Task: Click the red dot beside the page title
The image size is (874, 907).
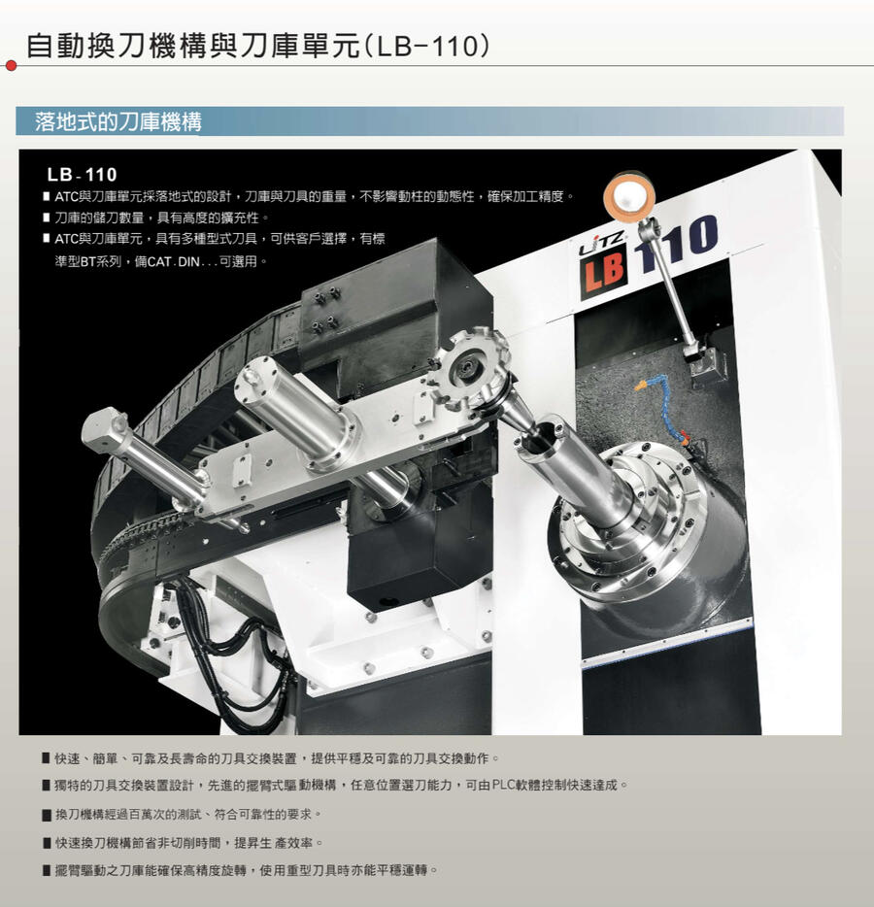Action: pos(11,65)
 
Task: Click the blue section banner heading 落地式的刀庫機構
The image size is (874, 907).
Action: pos(118,121)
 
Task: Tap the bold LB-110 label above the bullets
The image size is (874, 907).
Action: pos(83,174)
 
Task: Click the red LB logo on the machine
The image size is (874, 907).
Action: pos(603,276)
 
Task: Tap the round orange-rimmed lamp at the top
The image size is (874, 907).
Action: pos(629,196)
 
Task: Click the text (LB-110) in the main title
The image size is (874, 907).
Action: pos(427,47)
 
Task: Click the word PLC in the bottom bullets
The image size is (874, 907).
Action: pos(503,786)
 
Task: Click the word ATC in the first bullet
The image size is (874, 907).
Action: pos(66,197)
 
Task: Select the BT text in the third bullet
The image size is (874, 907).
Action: pos(88,261)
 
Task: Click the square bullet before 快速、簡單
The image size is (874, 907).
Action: pos(47,758)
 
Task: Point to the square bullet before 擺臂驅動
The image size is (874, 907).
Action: pos(47,870)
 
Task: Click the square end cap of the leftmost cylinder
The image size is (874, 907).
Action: pos(105,425)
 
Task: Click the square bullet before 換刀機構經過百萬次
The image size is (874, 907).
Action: pos(47,815)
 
